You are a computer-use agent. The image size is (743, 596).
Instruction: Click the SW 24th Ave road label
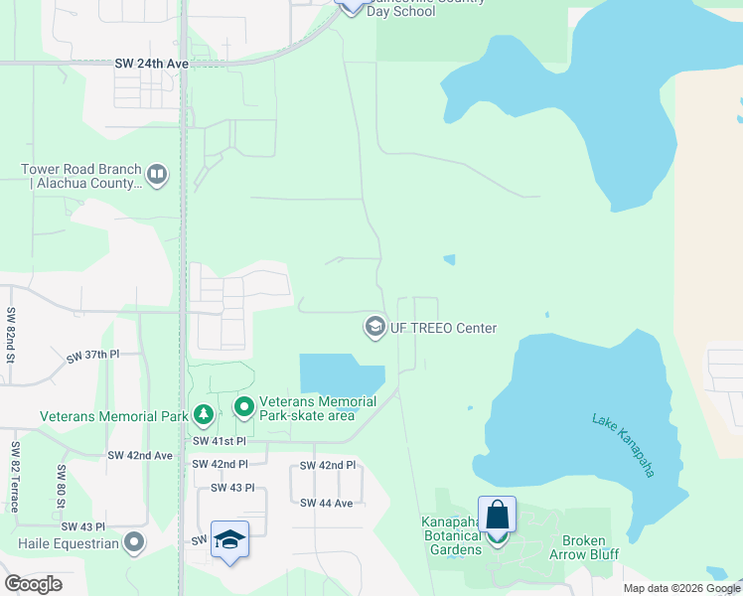point(151,64)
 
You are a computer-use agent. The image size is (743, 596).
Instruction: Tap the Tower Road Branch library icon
point(157,176)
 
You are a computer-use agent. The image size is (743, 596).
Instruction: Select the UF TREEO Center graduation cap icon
point(374,327)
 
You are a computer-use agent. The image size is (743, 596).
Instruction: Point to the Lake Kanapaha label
point(623,445)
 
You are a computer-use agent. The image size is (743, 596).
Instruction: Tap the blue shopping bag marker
point(497,516)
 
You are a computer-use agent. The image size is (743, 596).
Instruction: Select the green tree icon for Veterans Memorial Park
point(203,414)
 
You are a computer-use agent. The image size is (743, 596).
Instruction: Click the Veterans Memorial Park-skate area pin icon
point(243,407)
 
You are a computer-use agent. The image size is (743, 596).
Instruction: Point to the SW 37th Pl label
point(92,355)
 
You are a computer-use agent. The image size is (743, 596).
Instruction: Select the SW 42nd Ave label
point(140,455)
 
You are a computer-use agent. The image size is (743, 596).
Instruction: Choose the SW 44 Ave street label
point(327,504)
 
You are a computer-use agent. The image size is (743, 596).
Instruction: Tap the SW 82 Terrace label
point(14,478)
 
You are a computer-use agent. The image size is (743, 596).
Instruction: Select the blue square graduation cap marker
point(229,539)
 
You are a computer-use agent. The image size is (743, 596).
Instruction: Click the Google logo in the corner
point(34,583)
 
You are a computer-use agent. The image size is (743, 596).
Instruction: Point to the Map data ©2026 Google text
point(681,588)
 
